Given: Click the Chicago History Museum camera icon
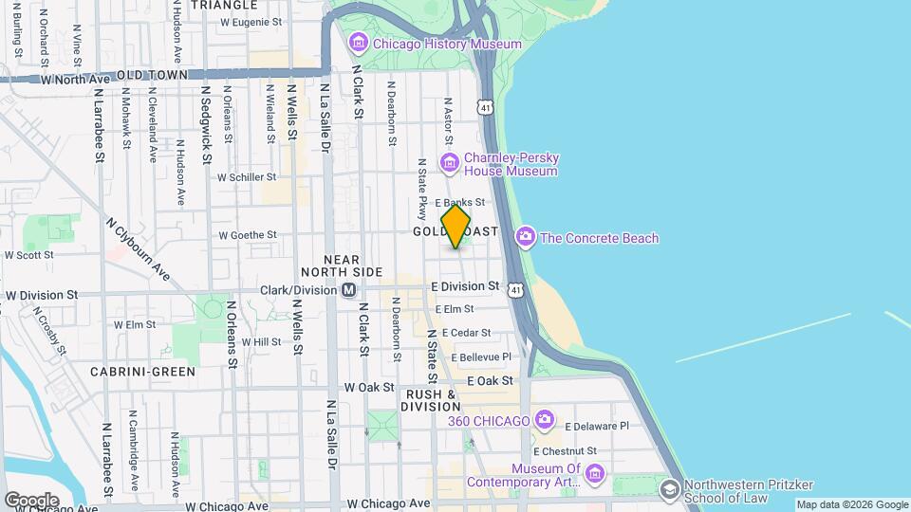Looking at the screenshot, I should click(x=358, y=44).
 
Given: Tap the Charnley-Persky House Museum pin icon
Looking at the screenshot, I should click(x=450, y=164).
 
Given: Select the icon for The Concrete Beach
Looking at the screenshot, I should click(x=525, y=237).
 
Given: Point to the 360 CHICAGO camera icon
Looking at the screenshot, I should click(x=545, y=419).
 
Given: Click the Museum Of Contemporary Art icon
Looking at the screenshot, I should click(x=594, y=472).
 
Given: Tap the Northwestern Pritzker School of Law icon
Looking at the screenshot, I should click(x=669, y=489).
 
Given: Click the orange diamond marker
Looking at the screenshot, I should click(x=456, y=228).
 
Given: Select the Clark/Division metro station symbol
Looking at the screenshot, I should click(x=349, y=289).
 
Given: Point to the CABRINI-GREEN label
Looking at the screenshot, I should click(x=142, y=372).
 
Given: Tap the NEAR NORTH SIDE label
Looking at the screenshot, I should click(x=353, y=265).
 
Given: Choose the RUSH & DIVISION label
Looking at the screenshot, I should click(x=432, y=400).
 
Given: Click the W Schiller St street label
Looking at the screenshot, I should click(x=247, y=176).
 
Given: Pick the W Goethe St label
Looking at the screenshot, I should click(x=247, y=235).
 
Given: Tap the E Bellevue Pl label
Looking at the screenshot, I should click(x=481, y=357).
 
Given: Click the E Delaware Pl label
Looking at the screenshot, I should click(x=597, y=427).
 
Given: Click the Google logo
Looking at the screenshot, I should click(x=31, y=501).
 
